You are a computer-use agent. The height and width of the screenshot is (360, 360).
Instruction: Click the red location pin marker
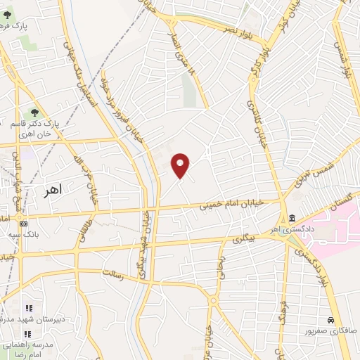(x=181, y=165)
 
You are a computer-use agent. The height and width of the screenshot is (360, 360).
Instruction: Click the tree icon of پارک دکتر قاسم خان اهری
(x=33, y=112)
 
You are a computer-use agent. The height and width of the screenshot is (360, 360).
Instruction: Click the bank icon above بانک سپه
(x=25, y=224)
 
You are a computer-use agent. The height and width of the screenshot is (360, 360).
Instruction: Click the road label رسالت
(x=113, y=274)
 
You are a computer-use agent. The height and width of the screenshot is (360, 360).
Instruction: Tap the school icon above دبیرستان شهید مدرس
(x=29, y=308)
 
